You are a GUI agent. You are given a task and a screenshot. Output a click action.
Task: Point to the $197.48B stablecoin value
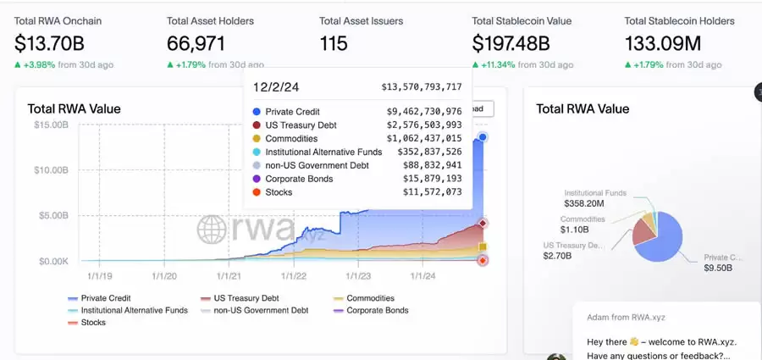click(511, 43)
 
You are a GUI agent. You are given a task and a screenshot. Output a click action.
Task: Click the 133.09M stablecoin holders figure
click(665, 43)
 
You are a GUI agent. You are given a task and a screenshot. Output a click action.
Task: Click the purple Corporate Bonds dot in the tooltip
click(257, 179)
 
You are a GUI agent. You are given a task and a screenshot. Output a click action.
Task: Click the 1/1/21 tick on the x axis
click(229, 275)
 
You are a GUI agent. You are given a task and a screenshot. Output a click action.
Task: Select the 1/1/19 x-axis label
click(99, 275)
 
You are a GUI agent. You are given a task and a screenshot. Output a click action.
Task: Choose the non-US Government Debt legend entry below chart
click(254, 310)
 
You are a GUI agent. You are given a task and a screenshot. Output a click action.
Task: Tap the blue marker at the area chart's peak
click(483, 137)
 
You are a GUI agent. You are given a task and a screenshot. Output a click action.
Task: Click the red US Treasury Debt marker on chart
click(483, 223)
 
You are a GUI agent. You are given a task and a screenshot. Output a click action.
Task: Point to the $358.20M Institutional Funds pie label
click(583, 203)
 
